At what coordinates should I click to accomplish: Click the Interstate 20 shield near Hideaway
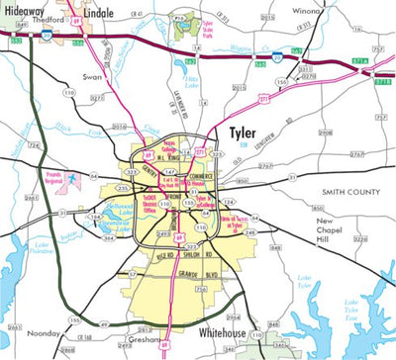tap(47, 35)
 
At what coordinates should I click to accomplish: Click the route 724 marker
tap(35, 144)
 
